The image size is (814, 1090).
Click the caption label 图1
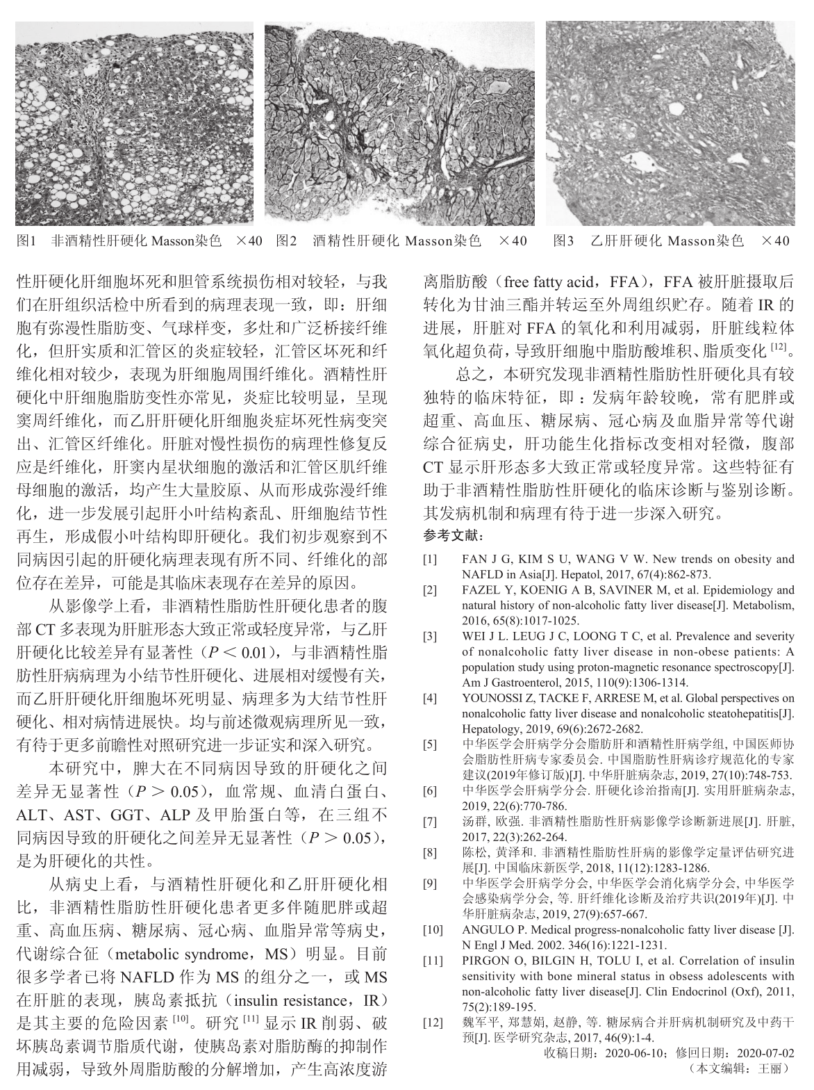coord(26,241)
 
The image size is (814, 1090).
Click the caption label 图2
coord(286,241)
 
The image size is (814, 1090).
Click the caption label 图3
coord(564,241)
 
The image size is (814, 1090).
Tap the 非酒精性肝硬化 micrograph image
coord(134,123)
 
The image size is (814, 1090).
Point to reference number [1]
coord(431,559)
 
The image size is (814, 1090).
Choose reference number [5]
coord(431,745)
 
